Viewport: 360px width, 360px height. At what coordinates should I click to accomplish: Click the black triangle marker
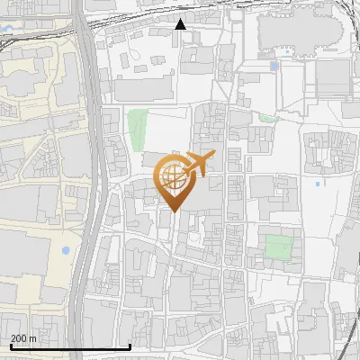click(x=180, y=24)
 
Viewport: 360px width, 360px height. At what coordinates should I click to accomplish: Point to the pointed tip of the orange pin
click(x=172, y=211)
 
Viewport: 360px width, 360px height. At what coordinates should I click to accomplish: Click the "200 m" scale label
click(x=23, y=338)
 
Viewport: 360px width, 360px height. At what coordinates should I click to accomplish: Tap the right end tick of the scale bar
click(x=130, y=345)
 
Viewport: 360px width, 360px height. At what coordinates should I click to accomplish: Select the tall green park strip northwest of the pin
click(x=137, y=130)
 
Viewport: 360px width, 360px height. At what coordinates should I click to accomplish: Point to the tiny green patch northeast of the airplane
click(x=267, y=118)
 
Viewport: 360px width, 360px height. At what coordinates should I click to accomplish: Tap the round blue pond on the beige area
click(x=65, y=249)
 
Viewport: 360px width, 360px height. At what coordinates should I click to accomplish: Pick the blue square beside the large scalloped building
click(x=274, y=66)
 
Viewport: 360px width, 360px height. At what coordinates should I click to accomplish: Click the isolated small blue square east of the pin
click(x=318, y=184)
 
